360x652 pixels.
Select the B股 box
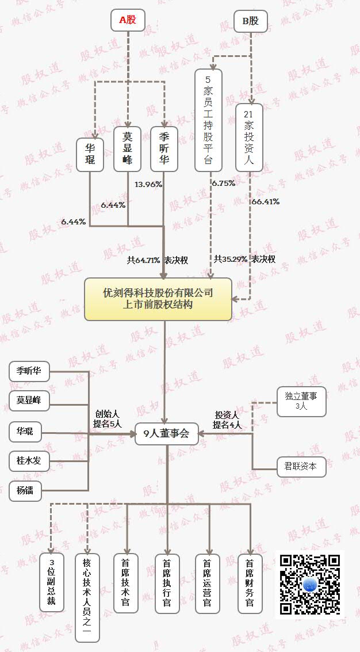click(x=251, y=21)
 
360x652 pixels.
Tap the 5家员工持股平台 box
click(x=208, y=120)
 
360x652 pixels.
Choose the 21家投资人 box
click(x=249, y=138)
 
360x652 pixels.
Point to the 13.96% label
click(x=148, y=185)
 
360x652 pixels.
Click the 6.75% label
click(x=223, y=184)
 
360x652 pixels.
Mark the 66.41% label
click(x=265, y=201)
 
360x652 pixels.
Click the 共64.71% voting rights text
click(x=158, y=260)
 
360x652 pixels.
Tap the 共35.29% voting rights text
click(x=244, y=259)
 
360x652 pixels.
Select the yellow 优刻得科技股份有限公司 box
click(x=158, y=299)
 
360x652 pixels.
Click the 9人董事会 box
click(x=166, y=434)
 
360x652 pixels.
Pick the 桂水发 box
click(x=29, y=460)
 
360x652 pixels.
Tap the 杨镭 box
click(x=29, y=491)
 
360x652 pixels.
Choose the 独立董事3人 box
click(x=301, y=401)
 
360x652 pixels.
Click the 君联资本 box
click(x=301, y=466)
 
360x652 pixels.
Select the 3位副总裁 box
click(x=52, y=582)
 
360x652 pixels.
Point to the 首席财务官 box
click(x=250, y=582)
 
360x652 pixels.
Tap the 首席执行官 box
click(x=167, y=583)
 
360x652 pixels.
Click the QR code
click(x=310, y=584)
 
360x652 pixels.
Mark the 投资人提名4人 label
click(x=227, y=420)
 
